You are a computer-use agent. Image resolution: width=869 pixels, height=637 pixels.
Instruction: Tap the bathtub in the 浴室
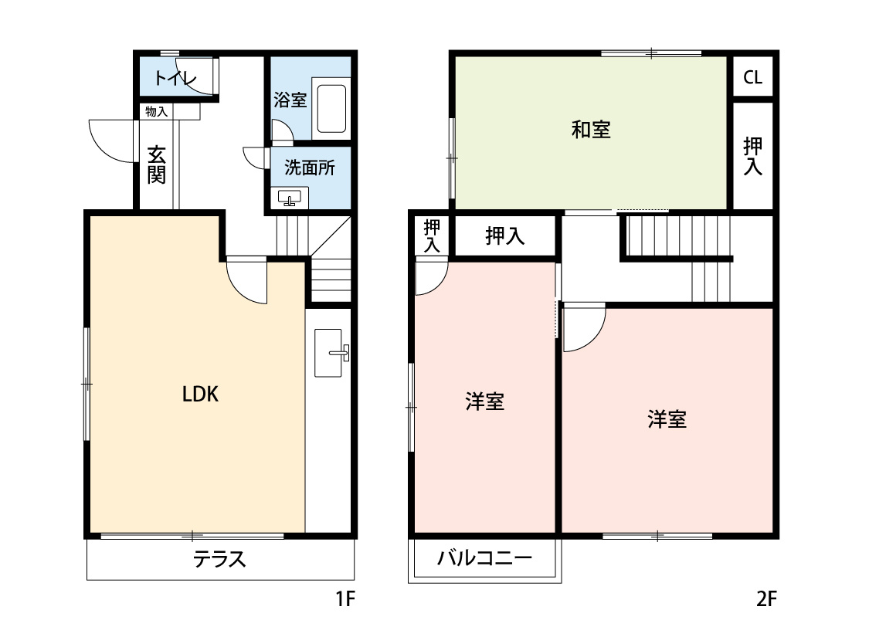[331, 110]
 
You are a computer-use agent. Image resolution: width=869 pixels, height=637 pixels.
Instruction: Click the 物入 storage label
[157, 112]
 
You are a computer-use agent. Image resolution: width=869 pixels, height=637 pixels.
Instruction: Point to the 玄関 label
[157, 165]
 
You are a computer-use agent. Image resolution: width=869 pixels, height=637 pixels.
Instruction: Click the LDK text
[201, 395]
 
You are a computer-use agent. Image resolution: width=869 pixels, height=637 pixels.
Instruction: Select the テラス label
[219, 559]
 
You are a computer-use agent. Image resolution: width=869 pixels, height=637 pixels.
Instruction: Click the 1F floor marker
[345, 598]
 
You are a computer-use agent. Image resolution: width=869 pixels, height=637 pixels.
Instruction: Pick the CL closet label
[752, 77]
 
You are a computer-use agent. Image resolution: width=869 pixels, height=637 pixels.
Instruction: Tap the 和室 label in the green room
[591, 130]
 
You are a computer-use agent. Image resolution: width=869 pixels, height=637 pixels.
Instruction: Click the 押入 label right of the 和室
[752, 157]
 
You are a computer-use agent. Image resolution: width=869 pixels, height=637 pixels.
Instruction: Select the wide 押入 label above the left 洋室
[504, 237]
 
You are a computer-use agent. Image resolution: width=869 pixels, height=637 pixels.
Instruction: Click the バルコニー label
[485, 558]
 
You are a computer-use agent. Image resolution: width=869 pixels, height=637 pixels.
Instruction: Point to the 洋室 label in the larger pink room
[667, 420]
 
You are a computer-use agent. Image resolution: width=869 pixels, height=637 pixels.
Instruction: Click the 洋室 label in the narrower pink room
[485, 402]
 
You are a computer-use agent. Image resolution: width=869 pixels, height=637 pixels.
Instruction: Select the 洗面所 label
[310, 167]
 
